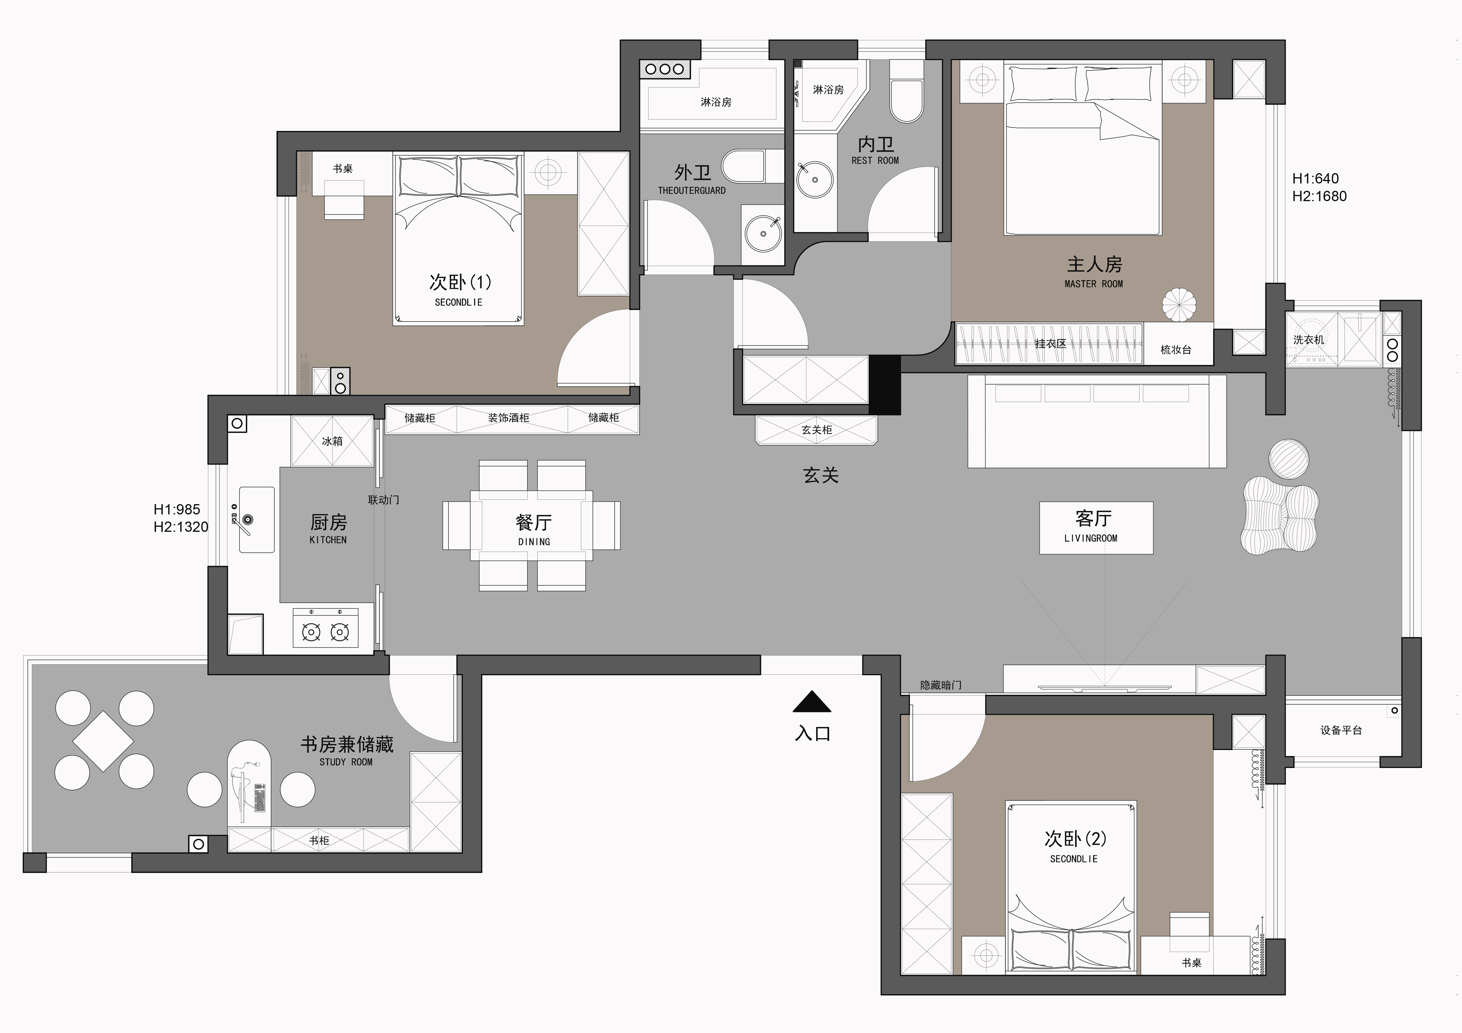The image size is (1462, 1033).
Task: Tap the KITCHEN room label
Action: (x=328, y=540)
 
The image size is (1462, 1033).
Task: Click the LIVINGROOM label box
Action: (x=1096, y=528)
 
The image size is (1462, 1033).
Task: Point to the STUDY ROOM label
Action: (x=346, y=762)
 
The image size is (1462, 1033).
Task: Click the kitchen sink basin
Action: (x=257, y=519)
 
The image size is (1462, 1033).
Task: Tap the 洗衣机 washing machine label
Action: (x=1308, y=340)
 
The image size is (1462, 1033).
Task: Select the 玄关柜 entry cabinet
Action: (x=816, y=430)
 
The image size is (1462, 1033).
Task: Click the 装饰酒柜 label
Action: (x=509, y=418)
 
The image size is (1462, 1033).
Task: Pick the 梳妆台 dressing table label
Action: (x=1175, y=350)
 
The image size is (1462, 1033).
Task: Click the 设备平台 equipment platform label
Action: (x=1341, y=730)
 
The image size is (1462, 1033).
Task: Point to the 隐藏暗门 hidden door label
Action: (x=940, y=685)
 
